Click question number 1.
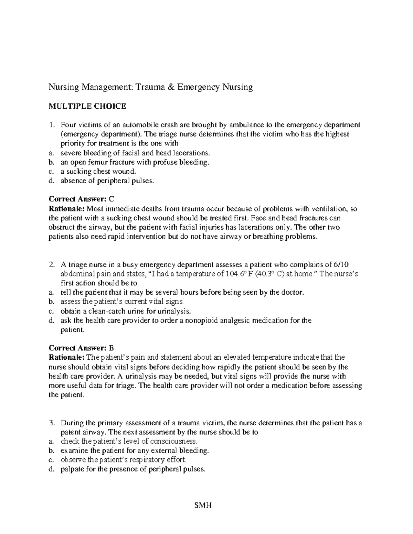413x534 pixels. [51, 124]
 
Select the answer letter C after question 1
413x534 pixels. [111, 199]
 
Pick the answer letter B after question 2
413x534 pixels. [111, 348]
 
